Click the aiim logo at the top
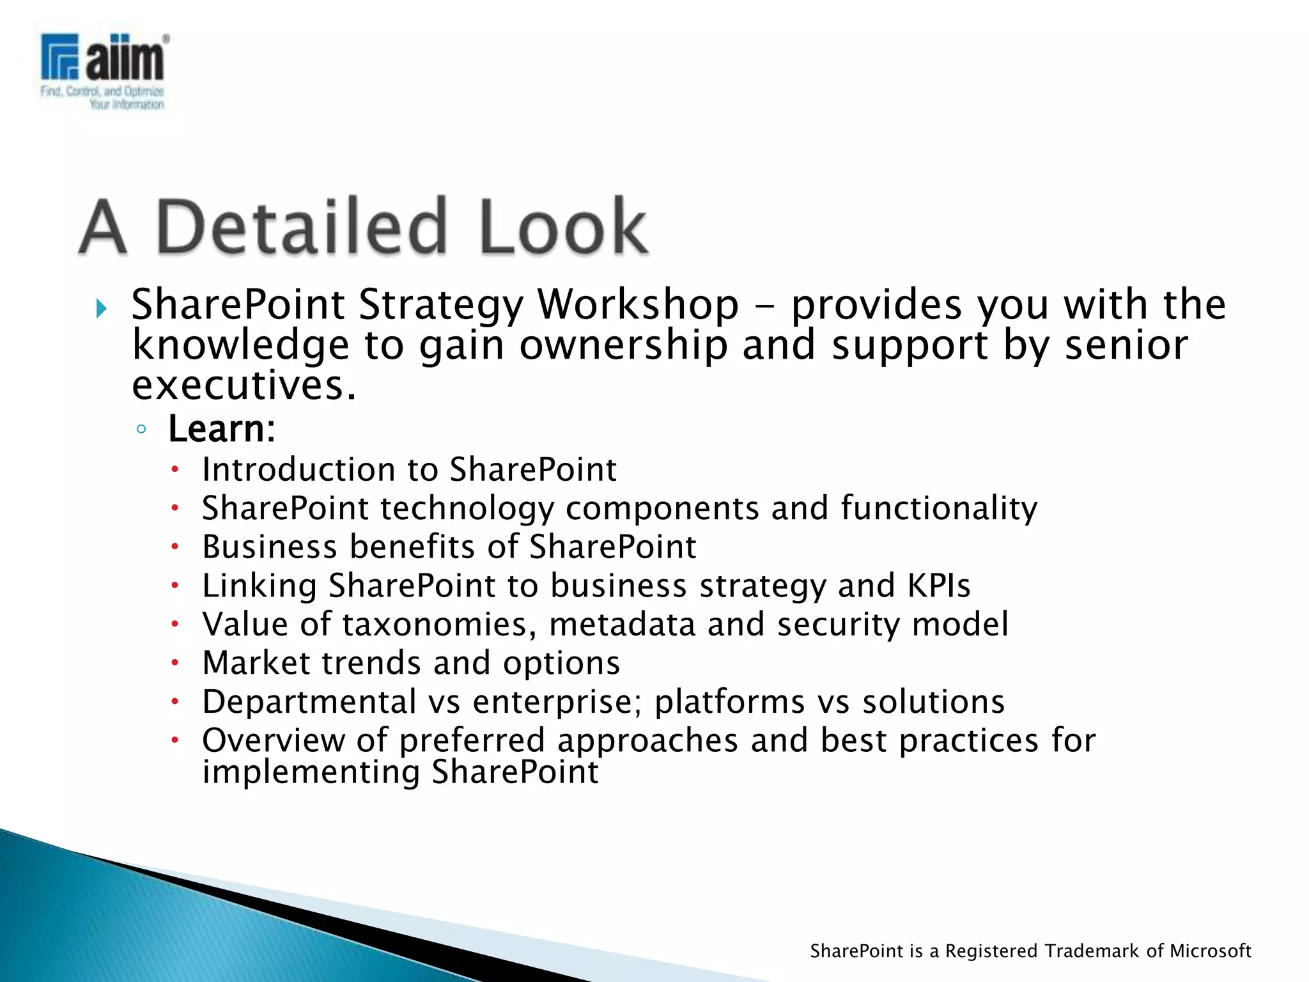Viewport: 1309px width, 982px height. click(x=104, y=70)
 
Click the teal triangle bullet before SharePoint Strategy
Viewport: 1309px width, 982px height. click(x=101, y=309)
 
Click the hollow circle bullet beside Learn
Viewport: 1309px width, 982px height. click(x=141, y=429)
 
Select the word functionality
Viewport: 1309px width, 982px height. click(x=939, y=508)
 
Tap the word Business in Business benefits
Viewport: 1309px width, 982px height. click(x=269, y=547)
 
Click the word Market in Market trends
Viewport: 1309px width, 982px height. click(x=256, y=663)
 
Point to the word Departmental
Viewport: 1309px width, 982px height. click(x=309, y=702)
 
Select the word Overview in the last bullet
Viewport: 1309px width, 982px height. click(x=273, y=740)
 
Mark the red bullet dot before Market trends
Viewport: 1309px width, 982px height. click(x=174, y=664)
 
